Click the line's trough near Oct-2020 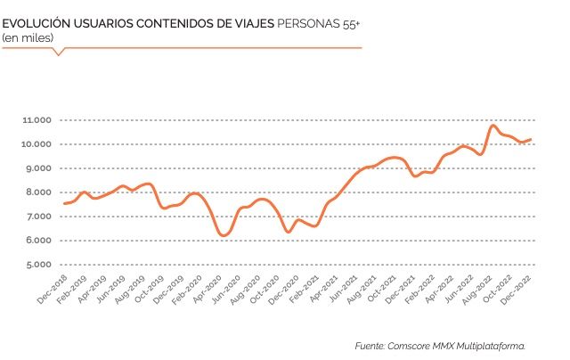point(288,232)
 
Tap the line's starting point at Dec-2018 point(64,203)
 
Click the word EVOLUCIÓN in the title point(37,22)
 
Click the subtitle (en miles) point(27,37)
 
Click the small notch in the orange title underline point(60,53)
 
